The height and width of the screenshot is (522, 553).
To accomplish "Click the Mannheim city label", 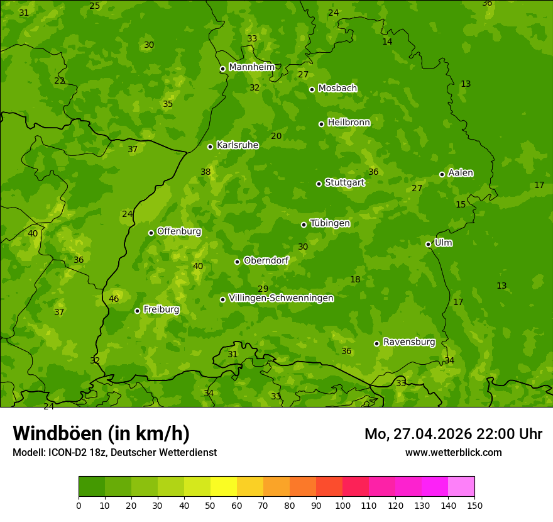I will pyautogui.click(x=252, y=67).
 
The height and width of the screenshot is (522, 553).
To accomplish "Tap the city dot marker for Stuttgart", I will pyautogui.click(x=319, y=184).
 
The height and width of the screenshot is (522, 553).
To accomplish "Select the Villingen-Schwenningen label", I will pyautogui.click(x=281, y=298).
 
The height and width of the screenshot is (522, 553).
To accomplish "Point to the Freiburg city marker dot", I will pyautogui.click(x=137, y=311).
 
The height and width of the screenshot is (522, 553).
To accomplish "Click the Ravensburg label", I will pyautogui.click(x=409, y=342).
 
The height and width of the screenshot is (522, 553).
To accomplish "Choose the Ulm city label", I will pyautogui.click(x=443, y=243).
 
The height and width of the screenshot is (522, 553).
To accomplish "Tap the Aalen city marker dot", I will pyautogui.click(x=442, y=174).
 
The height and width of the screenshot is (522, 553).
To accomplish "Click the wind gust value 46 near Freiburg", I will pyautogui.click(x=114, y=299).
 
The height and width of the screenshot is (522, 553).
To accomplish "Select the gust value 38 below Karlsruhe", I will pyautogui.click(x=205, y=172).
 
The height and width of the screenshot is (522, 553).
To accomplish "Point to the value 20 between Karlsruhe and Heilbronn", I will pyautogui.click(x=276, y=136).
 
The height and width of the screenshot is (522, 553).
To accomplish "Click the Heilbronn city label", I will pyautogui.click(x=349, y=123).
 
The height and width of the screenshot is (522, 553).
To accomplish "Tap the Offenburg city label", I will pyautogui.click(x=179, y=231).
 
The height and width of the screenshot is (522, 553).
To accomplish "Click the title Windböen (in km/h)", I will pyautogui.click(x=101, y=433).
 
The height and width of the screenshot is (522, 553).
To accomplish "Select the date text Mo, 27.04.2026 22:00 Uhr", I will pyautogui.click(x=453, y=434).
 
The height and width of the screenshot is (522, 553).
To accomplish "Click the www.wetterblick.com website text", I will pyautogui.click(x=453, y=453).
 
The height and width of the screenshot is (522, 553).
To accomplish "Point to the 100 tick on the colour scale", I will pyautogui.click(x=342, y=505).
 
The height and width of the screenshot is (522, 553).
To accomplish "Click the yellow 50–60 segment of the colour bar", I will pyautogui.click(x=224, y=487).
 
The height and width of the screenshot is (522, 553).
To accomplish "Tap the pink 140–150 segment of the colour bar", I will pyautogui.click(x=461, y=487).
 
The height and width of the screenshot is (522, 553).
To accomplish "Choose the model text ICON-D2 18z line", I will pyautogui.click(x=114, y=453).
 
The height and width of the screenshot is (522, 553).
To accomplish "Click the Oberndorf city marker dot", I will pyautogui.click(x=237, y=262).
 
